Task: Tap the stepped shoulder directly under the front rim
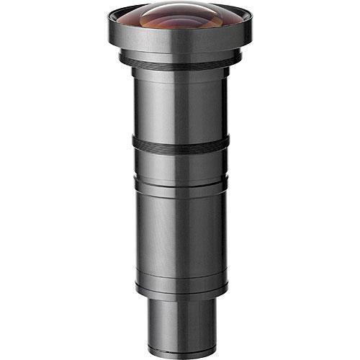pos(180,56)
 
